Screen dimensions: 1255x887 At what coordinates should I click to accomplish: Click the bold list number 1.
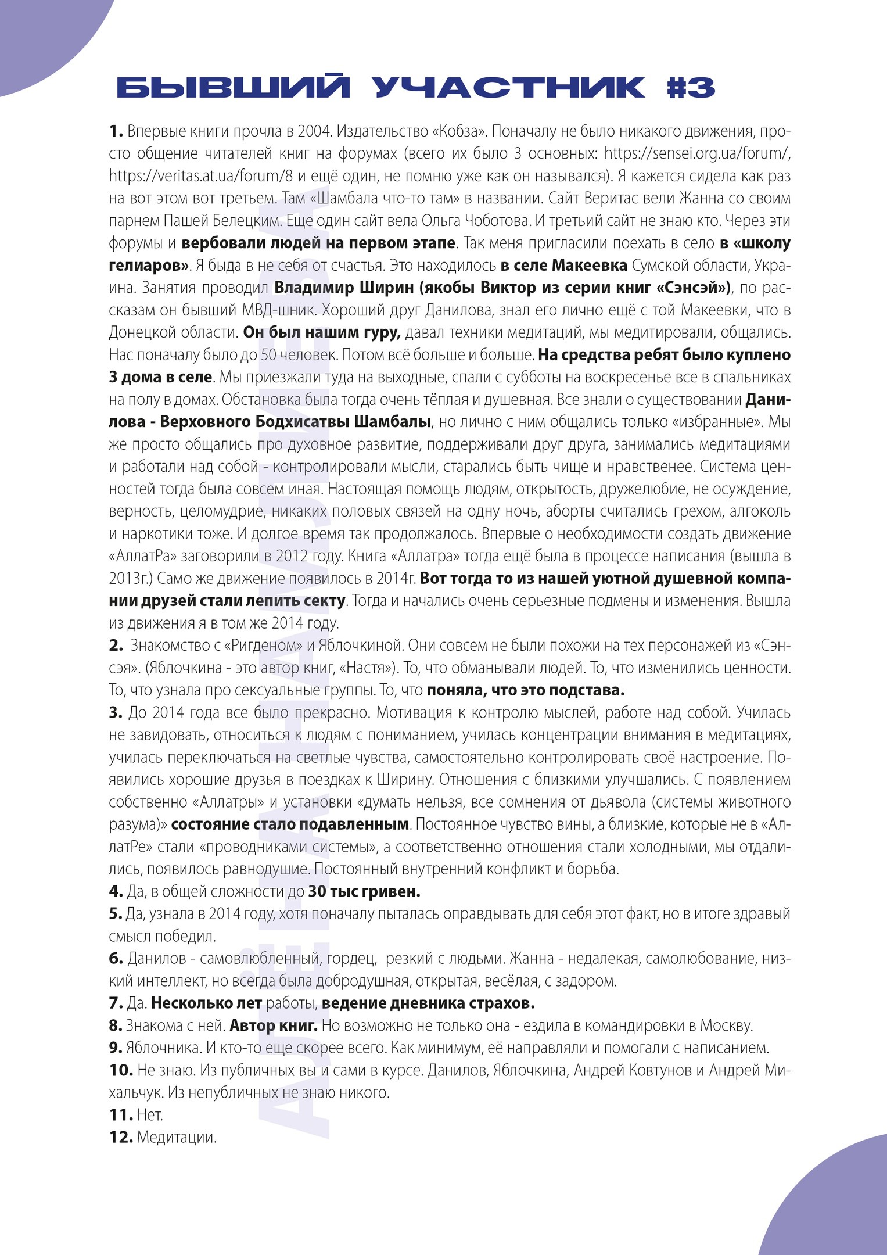(x=116, y=131)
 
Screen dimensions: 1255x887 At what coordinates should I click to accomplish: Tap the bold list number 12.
(x=121, y=1137)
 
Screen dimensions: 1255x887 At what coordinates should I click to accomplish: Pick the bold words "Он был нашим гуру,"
(x=322, y=332)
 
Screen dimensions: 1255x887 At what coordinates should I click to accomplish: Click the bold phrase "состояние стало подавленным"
(x=290, y=824)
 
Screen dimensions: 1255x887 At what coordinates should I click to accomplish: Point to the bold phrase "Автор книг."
(x=274, y=1025)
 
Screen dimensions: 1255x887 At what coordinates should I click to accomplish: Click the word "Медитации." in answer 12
(x=177, y=1137)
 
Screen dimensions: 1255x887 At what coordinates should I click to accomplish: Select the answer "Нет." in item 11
(x=150, y=1115)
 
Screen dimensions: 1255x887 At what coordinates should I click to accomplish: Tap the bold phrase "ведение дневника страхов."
(x=428, y=1003)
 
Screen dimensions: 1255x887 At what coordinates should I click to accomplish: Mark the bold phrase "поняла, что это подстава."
(x=526, y=690)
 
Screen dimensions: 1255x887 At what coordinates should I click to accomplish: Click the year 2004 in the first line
(x=314, y=131)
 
